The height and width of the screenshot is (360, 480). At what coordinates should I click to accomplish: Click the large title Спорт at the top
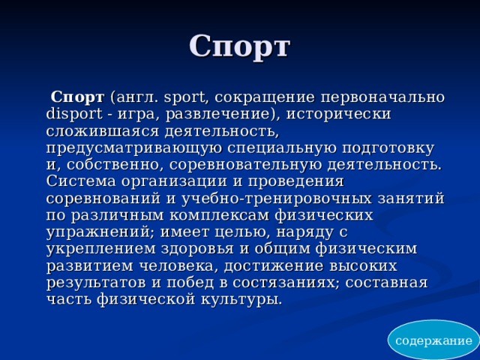tap(239, 47)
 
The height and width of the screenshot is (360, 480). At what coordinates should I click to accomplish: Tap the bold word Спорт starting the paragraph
tap(77, 98)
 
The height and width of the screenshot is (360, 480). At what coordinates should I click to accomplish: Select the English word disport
tap(74, 114)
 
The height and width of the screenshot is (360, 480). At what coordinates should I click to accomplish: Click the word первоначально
tap(382, 98)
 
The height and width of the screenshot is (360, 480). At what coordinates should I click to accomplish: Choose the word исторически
tap(338, 115)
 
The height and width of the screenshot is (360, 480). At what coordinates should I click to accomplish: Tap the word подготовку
tap(388, 148)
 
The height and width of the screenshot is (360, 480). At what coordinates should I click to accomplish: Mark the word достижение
tap(273, 265)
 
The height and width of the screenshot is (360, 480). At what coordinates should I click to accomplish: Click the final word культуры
tap(241, 299)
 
